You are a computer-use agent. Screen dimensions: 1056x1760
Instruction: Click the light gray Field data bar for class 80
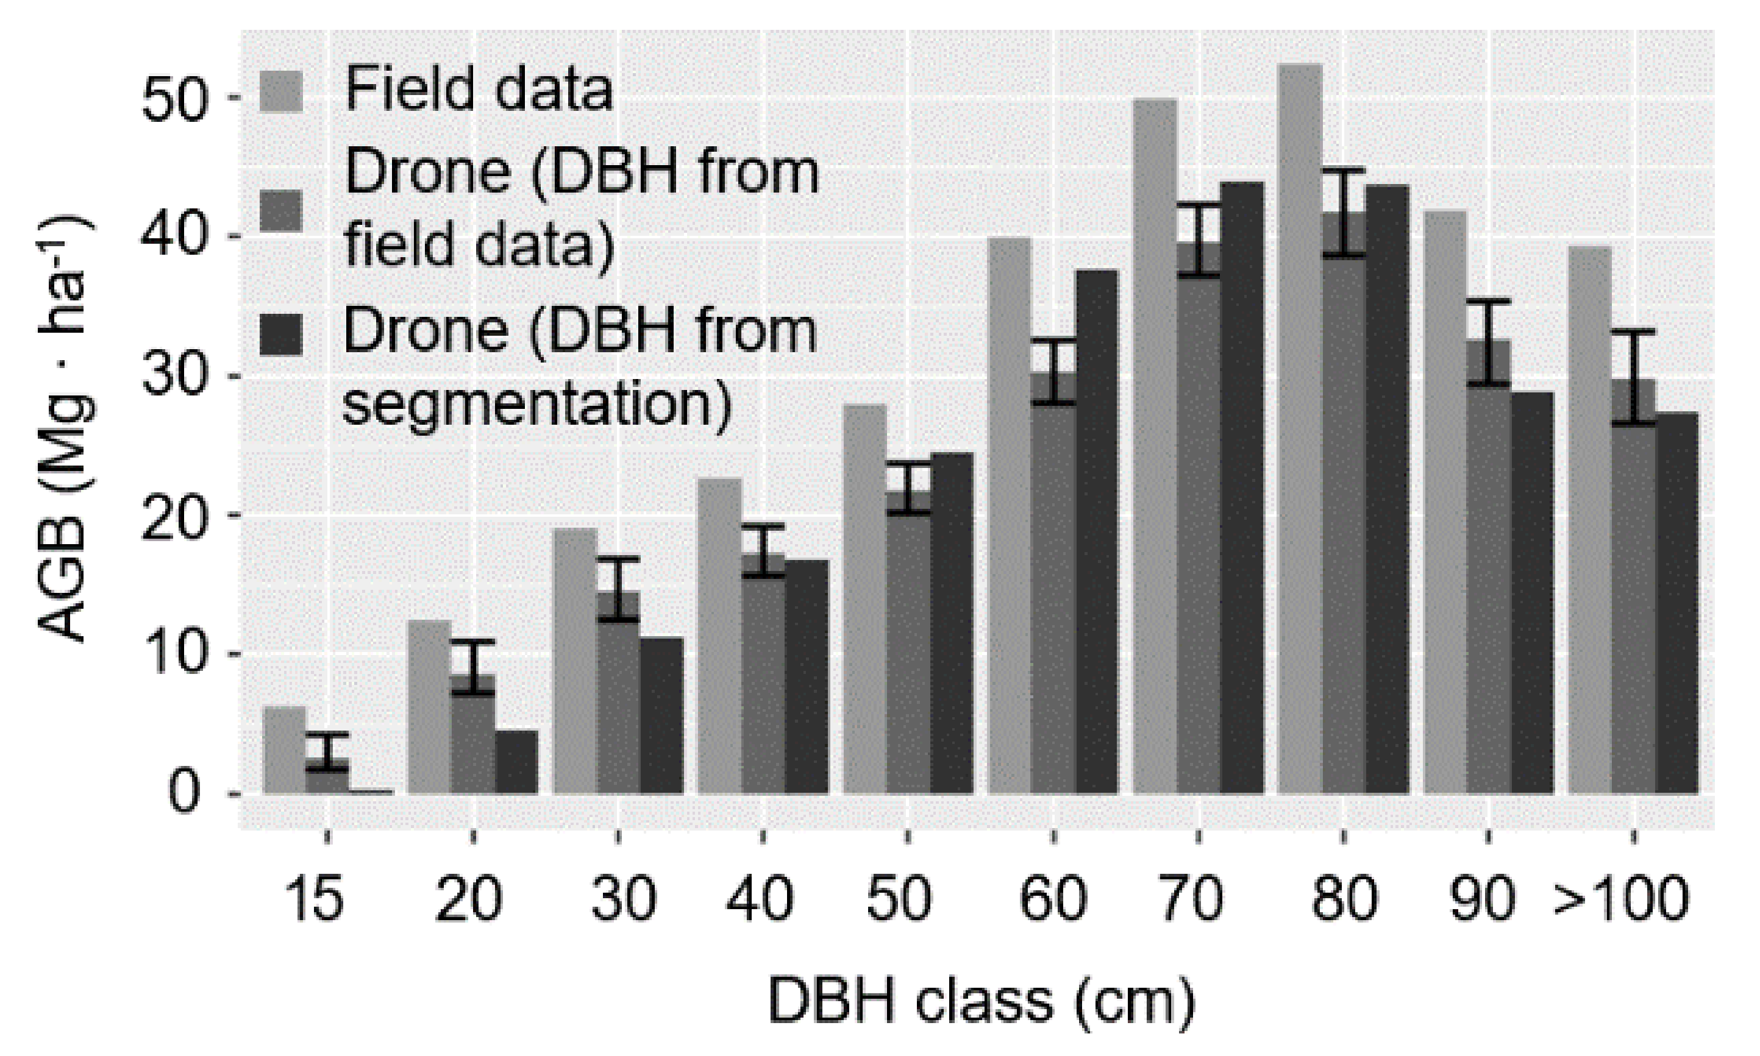tap(1300, 427)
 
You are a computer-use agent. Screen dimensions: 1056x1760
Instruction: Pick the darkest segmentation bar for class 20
tap(517, 762)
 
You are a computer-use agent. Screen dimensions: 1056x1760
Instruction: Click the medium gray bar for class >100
tap(1633, 605)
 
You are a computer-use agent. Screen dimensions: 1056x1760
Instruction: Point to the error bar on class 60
tap(1054, 372)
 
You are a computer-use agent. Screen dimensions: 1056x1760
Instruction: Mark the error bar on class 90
tap(1489, 343)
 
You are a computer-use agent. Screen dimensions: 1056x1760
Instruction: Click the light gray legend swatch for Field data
tap(281, 91)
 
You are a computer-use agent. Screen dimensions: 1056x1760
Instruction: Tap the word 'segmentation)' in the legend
tap(537, 406)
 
